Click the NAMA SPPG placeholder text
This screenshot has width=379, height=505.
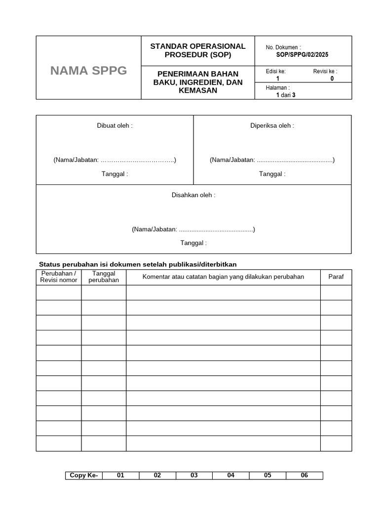pos(88,71)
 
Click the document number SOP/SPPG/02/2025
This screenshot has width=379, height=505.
pos(302,55)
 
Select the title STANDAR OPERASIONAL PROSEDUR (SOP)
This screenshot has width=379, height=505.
pos(197,50)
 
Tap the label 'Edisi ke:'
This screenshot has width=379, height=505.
pos(275,72)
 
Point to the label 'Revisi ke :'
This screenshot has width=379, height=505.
pos(325,72)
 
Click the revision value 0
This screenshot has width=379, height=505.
pos(332,78)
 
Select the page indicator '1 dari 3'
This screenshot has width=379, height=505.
pos(286,95)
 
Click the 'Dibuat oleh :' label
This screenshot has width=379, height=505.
pos(114,126)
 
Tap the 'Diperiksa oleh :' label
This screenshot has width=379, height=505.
pos(272,126)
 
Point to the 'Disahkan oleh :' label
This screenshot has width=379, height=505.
pos(193,195)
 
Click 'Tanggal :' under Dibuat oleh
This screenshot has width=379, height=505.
pos(114,174)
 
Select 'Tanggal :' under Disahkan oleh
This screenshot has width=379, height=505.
pos(193,243)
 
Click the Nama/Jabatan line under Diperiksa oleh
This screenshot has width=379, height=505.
pos(272,160)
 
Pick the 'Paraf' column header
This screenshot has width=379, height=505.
pos(336,277)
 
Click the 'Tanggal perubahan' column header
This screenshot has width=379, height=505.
pos(104,277)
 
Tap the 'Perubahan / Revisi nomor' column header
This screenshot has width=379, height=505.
pos(59,277)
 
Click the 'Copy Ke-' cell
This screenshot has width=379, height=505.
pos(84,475)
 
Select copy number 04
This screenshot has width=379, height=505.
pos(231,475)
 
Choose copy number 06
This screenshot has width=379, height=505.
pos(304,475)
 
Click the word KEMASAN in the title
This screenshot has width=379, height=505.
pos(197,91)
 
